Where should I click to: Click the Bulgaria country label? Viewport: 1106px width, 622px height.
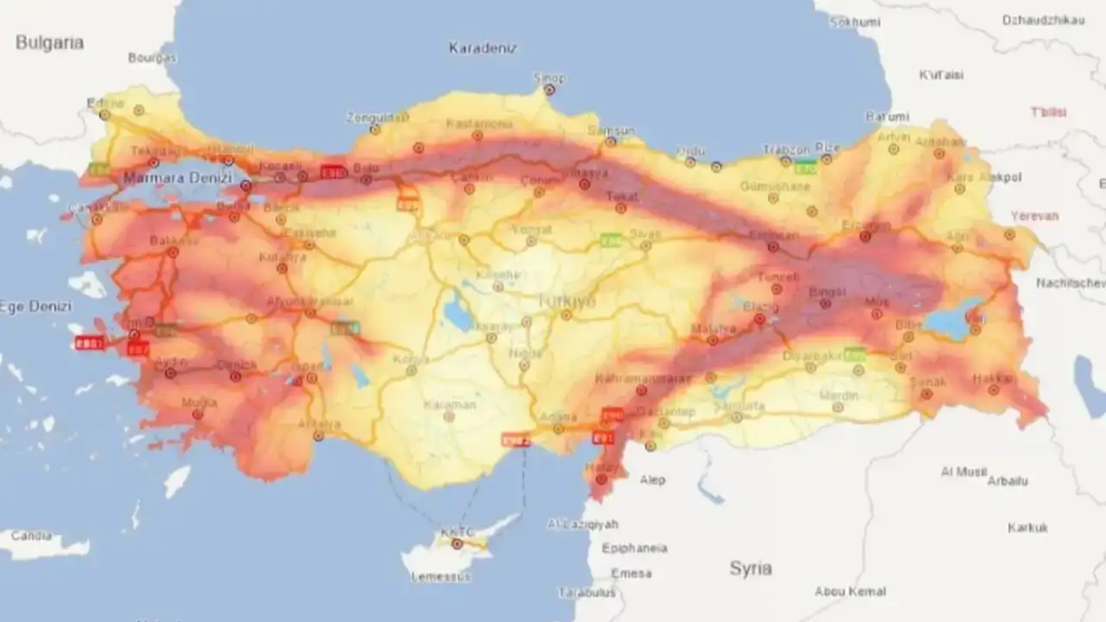point(49,43)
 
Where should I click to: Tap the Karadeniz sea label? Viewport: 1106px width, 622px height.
point(482,48)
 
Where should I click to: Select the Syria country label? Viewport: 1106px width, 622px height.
point(750,568)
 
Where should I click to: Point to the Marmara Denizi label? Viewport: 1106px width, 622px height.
point(177,178)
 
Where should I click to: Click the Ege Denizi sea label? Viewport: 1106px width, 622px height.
point(35,306)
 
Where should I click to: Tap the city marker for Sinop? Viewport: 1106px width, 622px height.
point(549,89)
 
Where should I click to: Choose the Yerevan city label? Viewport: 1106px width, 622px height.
point(1034,216)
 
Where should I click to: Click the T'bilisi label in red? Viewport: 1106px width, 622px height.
point(1048,112)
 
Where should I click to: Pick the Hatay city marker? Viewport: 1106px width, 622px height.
point(601,479)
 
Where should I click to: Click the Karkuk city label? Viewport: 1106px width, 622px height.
point(1027,527)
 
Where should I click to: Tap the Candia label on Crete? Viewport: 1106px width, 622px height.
point(31,536)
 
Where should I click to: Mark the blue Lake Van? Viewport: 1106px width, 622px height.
point(950,321)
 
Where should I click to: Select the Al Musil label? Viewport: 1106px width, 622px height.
point(963,472)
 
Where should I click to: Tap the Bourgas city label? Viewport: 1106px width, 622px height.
point(152,58)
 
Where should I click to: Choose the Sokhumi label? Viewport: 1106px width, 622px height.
point(854,22)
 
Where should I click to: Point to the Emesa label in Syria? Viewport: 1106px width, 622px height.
point(631,573)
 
